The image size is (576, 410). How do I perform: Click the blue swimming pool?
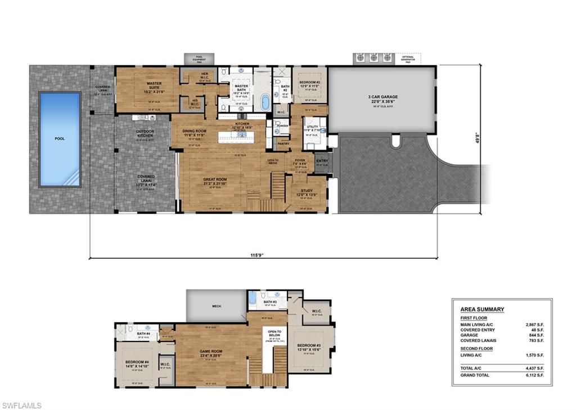pyautogui.click(x=60, y=139)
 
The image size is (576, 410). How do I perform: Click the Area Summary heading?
pyautogui.click(x=482, y=309)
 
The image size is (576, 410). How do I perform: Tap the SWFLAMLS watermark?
pyautogui.click(x=21, y=405)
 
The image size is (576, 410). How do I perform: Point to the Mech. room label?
pyautogui.click(x=217, y=307)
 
